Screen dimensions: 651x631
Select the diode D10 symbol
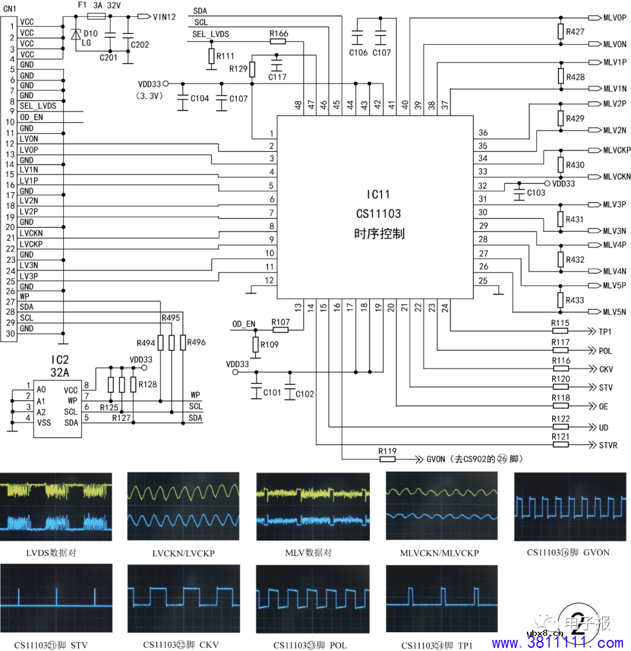75,34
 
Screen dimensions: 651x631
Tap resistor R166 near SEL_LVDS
279,42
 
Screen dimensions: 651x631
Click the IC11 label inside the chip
378,194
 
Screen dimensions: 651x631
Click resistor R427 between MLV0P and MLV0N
561,32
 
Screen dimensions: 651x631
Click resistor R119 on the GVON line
387,459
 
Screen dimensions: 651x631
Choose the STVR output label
608,445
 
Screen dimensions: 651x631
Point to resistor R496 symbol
183,343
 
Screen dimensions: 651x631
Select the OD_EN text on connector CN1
31,117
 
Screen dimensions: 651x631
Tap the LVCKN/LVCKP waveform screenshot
184,506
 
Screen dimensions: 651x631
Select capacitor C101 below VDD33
256,392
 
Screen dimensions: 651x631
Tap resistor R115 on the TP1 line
560,331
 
